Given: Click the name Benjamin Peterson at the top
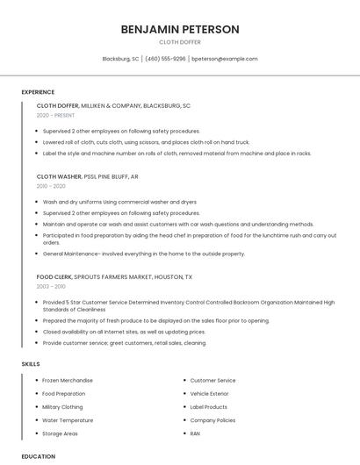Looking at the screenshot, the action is (180, 29).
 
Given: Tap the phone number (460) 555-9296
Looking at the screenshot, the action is (165, 59).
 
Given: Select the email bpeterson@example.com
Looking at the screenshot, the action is (224, 59).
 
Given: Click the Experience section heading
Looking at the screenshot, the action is (38, 92).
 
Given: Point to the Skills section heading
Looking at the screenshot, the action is (31, 363).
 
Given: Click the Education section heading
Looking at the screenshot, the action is (38, 456).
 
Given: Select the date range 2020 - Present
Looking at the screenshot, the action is (56, 115).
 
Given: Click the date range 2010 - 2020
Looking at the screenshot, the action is (51, 186).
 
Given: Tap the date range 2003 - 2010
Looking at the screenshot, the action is (51, 286).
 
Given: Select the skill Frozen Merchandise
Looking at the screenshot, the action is (68, 381).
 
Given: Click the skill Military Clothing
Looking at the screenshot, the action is (63, 407).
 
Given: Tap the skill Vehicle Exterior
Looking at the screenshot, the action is (211, 394).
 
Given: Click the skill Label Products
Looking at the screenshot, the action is (209, 407).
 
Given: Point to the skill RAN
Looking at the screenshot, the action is (195, 433).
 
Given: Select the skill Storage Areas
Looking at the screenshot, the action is (61, 433).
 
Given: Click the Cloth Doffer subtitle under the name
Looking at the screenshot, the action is (180, 41).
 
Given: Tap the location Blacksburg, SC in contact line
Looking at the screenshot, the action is (120, 59).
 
